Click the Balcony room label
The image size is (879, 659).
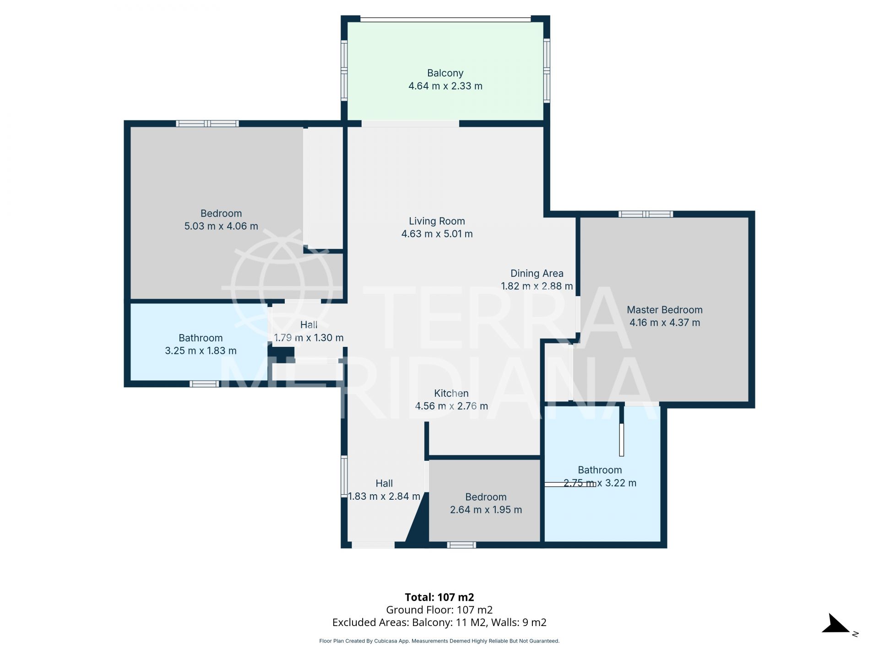pyautogui.click(x=445, y=73)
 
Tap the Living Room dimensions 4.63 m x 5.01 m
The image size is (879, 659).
pyautogui.click(x=437, y=234)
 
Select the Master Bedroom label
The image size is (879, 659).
pyautogui.click(x=664, y=310)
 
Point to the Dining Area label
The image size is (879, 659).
pyautogui.click(x=537, y=274)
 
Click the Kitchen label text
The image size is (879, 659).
pyautogui.click(x=451, y=394)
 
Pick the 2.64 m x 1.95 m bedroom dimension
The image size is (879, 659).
pyautogui.click(x=486, y=510)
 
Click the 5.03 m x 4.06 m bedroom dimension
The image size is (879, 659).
pyautogui.click(x=221, y=226)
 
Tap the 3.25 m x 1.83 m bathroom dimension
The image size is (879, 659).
pyautogui.click(x=201, y=351)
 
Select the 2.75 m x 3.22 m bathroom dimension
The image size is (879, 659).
pyautogui.click(x=600, y=483)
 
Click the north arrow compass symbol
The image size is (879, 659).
pyautogui.click(x=837, y=625)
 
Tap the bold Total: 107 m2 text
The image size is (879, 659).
pyautogui.click(x=439, y=597)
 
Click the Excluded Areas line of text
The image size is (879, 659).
pyautogui.click(x=439, y=622)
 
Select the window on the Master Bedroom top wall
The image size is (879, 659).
pyautogui.click(x=646, y=214)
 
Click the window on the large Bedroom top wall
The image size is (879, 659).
pyautogui.click(x=207, y=124)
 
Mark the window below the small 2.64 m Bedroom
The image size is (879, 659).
pyautogui.click(x=461, y=545)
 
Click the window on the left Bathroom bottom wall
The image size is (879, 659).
pyautogui.click(x=204, y=384)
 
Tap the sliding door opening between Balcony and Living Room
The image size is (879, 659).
pyautogui.click(x=410, y=124)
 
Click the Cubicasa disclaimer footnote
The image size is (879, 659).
pyautogui.click(x=439, y=641)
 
